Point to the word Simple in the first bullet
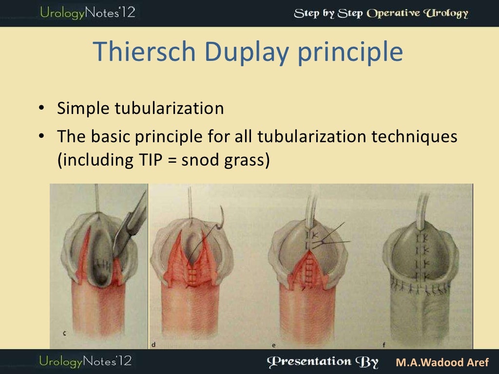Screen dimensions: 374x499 [x=83, y=108]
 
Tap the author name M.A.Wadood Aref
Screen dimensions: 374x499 [x=442, y=363]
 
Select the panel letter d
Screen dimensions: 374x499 [x=154, y=345]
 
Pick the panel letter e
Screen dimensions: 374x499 [x=273, y=345]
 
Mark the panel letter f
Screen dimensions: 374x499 [x=384, y=345]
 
